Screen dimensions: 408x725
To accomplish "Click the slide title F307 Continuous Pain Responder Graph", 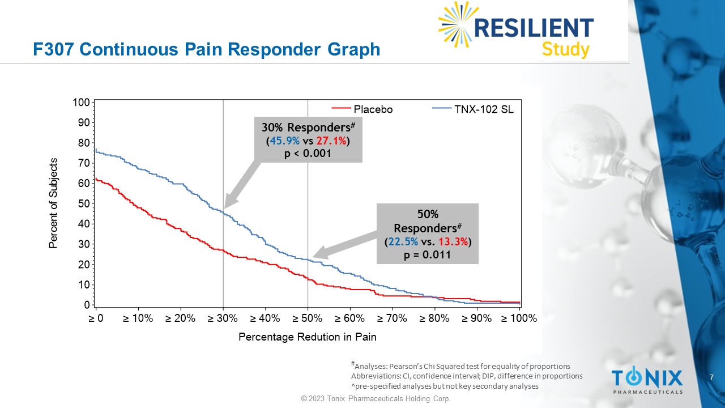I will coord(207,50).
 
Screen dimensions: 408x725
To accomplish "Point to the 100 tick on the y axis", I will coord(82,103).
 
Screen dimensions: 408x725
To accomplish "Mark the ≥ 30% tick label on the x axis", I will coord(223,318).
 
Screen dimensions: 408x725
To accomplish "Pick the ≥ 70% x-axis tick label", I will coord(392,318).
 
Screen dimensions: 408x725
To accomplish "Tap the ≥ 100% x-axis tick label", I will coord(519,318).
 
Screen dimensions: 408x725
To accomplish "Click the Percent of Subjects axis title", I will coord(53,203).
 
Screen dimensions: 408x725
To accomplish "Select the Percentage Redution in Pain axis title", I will coord(307,337).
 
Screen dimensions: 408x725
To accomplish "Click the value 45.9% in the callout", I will coord(284,141).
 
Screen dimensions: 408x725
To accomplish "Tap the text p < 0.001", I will coord(307,153).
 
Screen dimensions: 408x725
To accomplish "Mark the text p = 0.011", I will coord(427,254).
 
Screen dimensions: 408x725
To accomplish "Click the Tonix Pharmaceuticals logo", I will coord(647,380).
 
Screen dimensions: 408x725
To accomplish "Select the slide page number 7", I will coord(711,377).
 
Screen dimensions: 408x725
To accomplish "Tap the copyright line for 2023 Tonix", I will coord(376,399).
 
